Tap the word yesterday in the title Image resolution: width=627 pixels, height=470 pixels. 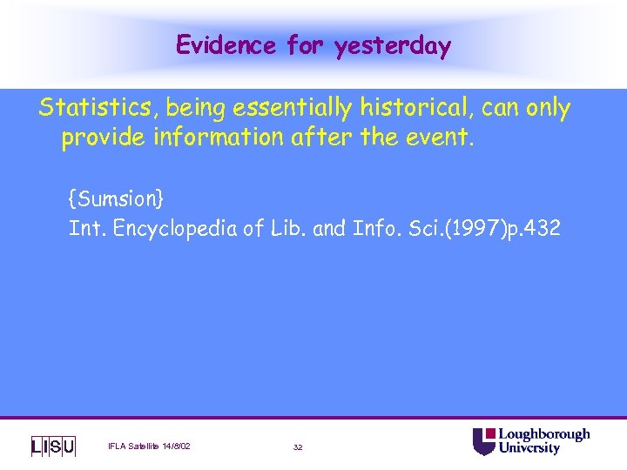[393, 45]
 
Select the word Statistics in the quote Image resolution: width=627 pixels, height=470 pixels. [98, 109]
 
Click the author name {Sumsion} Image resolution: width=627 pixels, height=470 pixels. [117, 199]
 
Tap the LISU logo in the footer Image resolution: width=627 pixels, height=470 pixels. [53, 446]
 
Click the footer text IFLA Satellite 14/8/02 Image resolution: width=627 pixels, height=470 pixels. [149, 446]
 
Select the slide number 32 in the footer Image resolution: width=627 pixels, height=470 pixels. [298, 447]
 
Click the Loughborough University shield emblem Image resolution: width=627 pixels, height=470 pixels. [483, 441]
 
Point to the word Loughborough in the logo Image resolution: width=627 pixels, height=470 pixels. [543, 434]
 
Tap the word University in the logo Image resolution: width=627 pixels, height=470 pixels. [529, 449]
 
